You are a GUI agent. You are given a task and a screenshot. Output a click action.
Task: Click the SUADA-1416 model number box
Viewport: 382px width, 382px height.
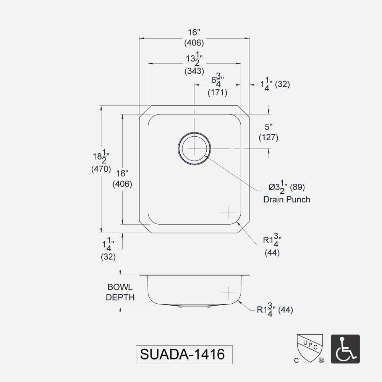click(183, 354)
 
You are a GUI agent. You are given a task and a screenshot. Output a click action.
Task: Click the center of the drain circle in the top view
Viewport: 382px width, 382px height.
click(194, 148)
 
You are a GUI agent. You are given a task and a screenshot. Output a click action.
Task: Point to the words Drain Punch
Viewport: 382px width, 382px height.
click(286, 199)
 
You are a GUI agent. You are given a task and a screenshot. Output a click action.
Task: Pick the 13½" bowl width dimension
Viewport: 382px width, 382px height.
click(194, 60)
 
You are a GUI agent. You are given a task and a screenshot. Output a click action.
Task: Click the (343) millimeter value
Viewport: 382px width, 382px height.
click(194, 71)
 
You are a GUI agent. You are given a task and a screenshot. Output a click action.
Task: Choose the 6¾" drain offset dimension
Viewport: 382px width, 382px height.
click(217, 81)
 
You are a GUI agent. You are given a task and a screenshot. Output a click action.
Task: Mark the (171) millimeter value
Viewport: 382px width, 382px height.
click(217, 92)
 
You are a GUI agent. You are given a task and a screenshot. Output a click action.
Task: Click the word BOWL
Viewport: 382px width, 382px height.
click(120, 287)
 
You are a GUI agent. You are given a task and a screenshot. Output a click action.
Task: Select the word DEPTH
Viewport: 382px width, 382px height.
click(120, 297)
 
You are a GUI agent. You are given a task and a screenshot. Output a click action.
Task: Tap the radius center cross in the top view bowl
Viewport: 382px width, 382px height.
click(228, 212)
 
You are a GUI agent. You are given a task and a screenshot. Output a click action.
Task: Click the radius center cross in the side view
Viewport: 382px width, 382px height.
click(228, 292)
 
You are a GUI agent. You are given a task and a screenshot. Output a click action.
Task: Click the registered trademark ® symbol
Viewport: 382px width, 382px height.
click(322, 360)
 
